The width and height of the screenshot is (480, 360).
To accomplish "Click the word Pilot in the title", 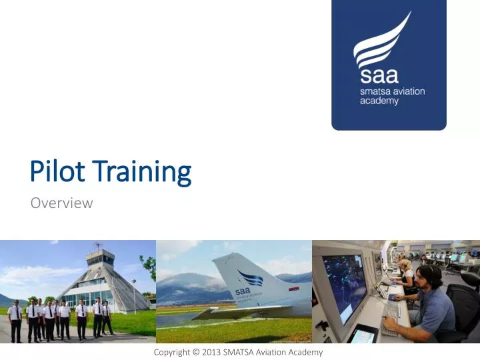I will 59,172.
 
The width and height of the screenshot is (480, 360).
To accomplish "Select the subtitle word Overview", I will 61,203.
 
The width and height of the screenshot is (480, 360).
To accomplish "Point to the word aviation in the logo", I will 405,91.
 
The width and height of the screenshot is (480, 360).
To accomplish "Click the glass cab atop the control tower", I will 100,257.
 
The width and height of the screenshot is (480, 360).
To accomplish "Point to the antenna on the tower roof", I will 99,245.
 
